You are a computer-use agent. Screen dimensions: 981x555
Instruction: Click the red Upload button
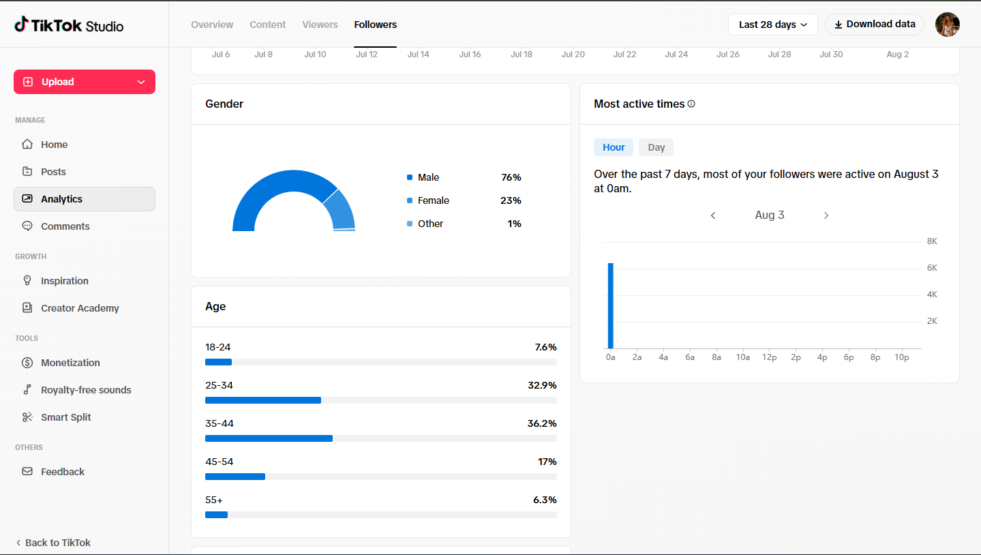[x=85, y=82]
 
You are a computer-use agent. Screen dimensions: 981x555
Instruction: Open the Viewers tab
[x=320, y=25]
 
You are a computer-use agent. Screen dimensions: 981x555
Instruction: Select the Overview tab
[x=212, y=25]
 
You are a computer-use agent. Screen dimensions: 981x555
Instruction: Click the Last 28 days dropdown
[x=772, y=25]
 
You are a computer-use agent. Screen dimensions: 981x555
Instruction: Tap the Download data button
[x=875, y=25]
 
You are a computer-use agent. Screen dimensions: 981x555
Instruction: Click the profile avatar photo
[x=948, y=25]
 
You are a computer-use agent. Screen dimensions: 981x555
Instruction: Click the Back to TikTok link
[x=53, y=542]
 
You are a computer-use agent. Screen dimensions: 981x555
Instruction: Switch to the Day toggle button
[x=656, y=147]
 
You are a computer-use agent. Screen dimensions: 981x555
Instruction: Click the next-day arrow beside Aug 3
[x=826, y=215]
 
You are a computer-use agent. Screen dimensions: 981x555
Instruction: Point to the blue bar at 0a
[x=611, y=305]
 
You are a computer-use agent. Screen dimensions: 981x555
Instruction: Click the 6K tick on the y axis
[x=932, y=268]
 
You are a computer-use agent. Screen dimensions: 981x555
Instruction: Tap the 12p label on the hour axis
[x=769, y=357]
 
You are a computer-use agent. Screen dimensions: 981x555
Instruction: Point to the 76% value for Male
[x=511, y=177]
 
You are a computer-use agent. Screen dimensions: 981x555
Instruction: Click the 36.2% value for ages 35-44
[x=542, y=423]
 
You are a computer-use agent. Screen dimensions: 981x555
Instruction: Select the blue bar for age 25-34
[x=262, y=400]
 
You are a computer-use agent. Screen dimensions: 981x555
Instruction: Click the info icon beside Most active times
[x=691, y=104]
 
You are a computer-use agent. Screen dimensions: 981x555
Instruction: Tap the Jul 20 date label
[x=573, y=55]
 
